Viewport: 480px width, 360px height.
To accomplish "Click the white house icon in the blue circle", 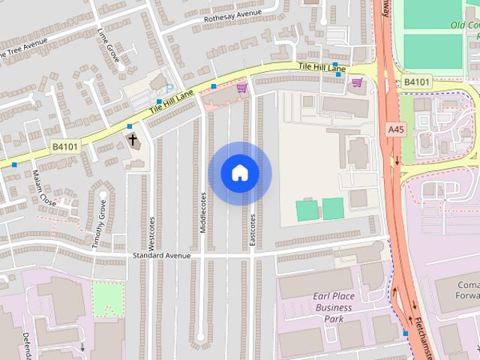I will point(240,173).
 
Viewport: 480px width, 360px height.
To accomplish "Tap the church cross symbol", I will point(133,139).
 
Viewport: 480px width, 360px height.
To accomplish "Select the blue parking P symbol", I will point(169,88).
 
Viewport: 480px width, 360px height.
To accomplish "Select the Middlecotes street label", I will point(202,211).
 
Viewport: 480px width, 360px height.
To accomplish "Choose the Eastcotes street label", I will point(253,229).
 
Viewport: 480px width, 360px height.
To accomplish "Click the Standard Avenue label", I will point(161,256).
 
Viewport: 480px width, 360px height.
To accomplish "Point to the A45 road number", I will point(396,130).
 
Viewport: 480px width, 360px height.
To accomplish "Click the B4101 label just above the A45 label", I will point(416,82).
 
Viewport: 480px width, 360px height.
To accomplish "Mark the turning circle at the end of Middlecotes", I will point(200,337).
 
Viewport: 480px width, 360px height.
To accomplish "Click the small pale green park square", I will point(108,297).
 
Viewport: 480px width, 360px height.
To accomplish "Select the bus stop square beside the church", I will point(130,126).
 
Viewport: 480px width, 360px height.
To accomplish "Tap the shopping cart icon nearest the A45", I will point(358,82).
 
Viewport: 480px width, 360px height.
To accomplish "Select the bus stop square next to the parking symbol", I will point(159,101).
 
